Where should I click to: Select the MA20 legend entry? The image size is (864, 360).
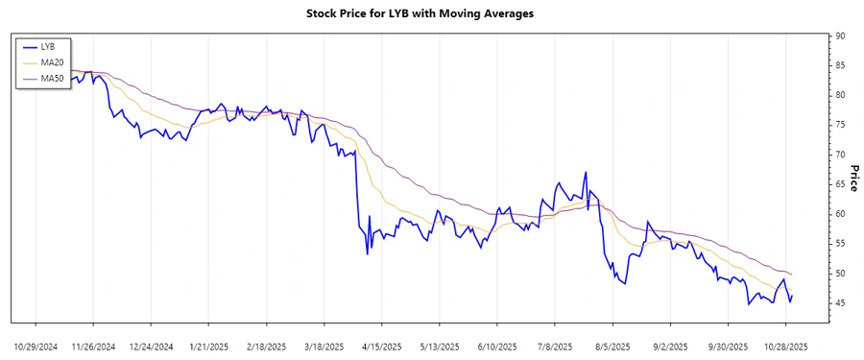(x=52, y=62)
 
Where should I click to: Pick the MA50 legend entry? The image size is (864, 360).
(x=52, y=78)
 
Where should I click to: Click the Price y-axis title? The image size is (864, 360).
(x=852, y=179)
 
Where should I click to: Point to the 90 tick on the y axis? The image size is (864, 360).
(x=840, y=36)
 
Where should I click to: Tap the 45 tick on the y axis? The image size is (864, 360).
(x=840, y=303)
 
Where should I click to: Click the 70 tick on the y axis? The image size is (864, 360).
(x=840, y=155)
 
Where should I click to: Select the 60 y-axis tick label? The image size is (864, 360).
(x=840, y=214)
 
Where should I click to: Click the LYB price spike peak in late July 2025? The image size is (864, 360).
(x=586, y=173)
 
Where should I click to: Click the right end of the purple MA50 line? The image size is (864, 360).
(x=791, y=275)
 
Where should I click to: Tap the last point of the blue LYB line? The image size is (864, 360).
(x=792, y=296)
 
